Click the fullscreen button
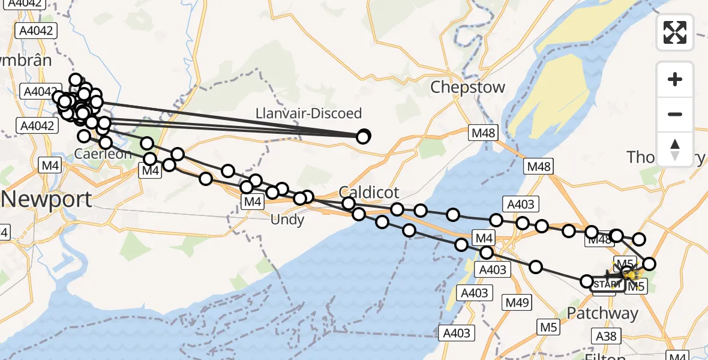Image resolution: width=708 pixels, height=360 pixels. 675,32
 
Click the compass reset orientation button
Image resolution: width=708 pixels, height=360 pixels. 675,149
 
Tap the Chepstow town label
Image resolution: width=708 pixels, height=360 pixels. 467,88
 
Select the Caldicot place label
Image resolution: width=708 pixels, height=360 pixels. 368,192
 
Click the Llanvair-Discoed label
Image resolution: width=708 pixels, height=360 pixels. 308,113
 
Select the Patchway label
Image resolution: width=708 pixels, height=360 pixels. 602,313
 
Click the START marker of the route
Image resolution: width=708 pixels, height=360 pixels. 607,284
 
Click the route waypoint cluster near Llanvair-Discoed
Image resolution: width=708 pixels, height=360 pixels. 364,137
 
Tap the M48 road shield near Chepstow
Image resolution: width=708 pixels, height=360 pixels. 483,133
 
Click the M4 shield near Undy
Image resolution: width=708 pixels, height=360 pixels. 252,202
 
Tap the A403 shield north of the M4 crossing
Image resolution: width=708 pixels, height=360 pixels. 520,204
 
